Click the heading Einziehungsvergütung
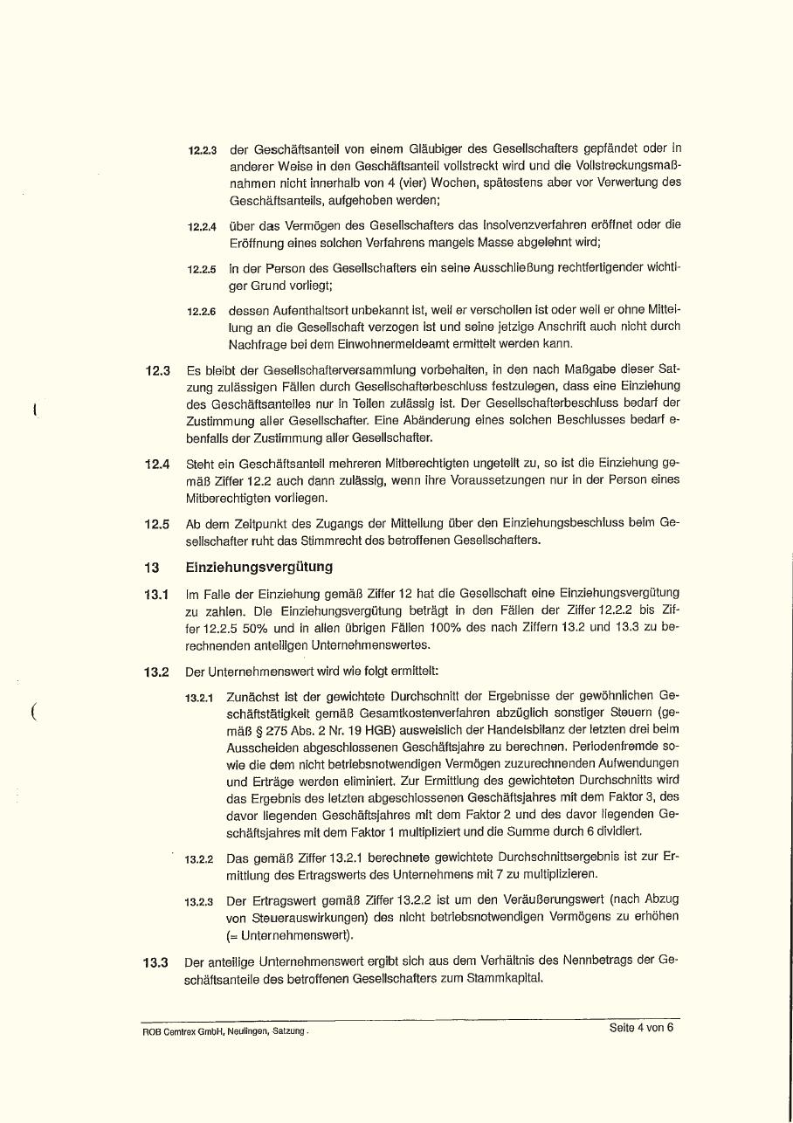(259, 568)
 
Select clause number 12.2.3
(203, 150)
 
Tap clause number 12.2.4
(203, 227)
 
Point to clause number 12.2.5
(203, 270)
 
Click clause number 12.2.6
(203, 312)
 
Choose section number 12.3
(157, 370)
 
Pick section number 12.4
(157, 464)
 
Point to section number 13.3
(155, 963)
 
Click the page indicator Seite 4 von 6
(641, 1028)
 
